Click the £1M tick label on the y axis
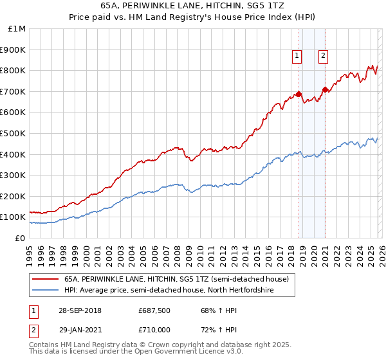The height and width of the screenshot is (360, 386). point(17,28)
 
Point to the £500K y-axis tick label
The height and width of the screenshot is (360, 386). point(14,133)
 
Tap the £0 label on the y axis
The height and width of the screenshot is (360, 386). point(21,238)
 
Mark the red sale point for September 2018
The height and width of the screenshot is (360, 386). point(299,94)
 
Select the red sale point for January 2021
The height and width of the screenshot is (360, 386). point(325,89)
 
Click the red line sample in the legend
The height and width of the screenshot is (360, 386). point(45,279)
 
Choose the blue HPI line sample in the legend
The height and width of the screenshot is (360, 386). point(45,289)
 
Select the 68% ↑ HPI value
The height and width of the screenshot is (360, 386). point(208,310)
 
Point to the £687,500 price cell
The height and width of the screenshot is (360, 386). point(152,310)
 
